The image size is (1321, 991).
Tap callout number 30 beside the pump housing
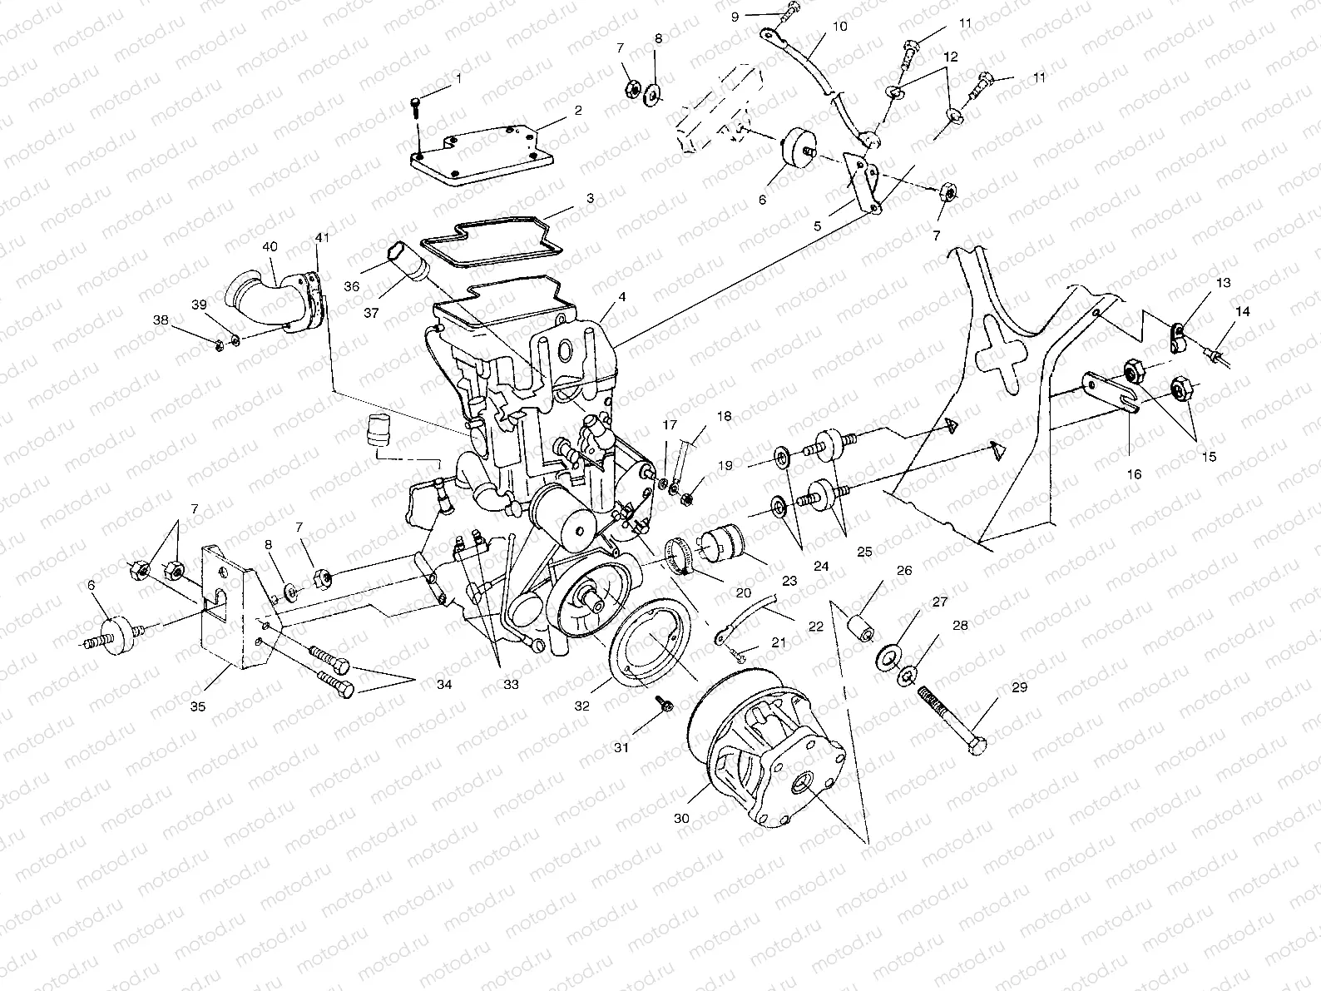click(681, 819)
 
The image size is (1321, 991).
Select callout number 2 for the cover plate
click(577, 110)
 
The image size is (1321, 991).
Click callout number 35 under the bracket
click(198, 707)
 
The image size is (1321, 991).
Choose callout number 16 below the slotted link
click(1134, 474)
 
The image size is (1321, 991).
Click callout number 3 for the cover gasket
click(589, 199)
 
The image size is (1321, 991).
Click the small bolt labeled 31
click(666, 705)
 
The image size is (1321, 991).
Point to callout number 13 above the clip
click(1223, 285)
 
